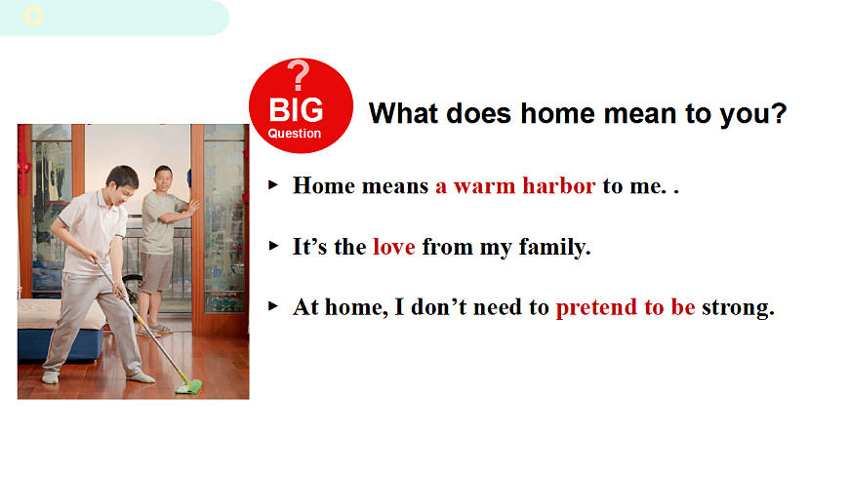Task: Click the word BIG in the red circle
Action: tap(297, 110)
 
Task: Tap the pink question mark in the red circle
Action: tap(299, 75)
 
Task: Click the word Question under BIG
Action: tap(295, 134)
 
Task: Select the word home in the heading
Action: tap(558, 114)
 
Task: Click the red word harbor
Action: tap(559, 185)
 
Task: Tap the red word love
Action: tap(394, 247)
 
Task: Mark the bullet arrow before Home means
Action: tap(273, 185)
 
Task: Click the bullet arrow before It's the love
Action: tap(273, 247)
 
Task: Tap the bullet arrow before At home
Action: tap(273, 307)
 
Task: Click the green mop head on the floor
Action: tap(189, 387)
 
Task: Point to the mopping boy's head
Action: tap(123, 182)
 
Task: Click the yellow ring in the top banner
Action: tap(33, 16)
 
